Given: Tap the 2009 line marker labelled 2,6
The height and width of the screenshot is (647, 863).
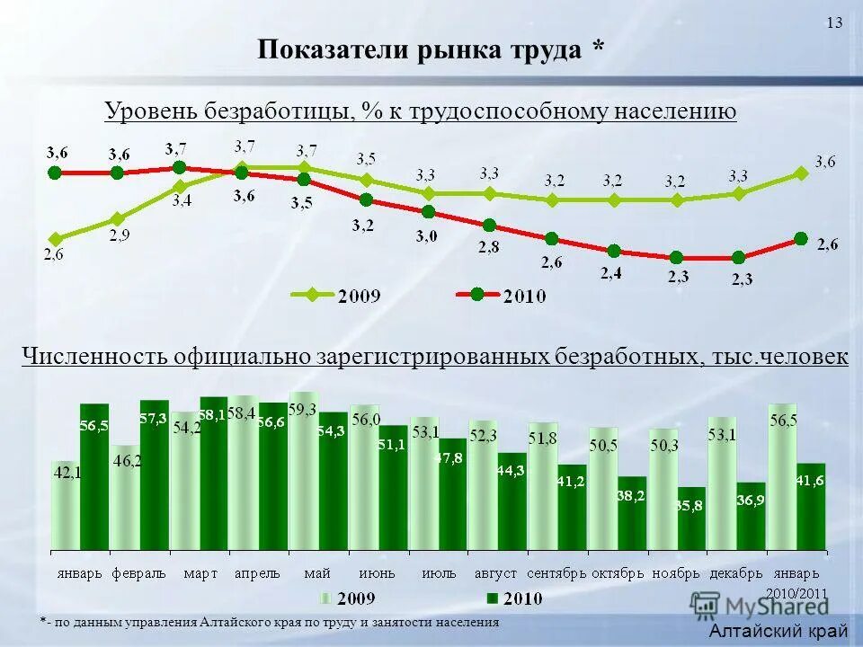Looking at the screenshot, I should coord(56,239).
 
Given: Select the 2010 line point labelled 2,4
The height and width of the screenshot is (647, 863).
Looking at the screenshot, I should coord(613,252).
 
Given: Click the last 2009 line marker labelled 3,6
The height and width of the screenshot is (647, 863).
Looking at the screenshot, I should coord(801,174).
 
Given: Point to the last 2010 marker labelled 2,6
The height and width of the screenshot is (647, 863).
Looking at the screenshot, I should coord(801,238).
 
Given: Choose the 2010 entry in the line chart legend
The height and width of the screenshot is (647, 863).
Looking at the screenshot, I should coord(504,295).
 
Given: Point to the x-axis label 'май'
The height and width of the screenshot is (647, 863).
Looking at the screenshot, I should coord(317,572).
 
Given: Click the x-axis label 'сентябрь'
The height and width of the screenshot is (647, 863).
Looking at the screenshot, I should coord(556,572).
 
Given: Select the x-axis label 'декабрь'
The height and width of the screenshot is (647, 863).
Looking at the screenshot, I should coord(735,572).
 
